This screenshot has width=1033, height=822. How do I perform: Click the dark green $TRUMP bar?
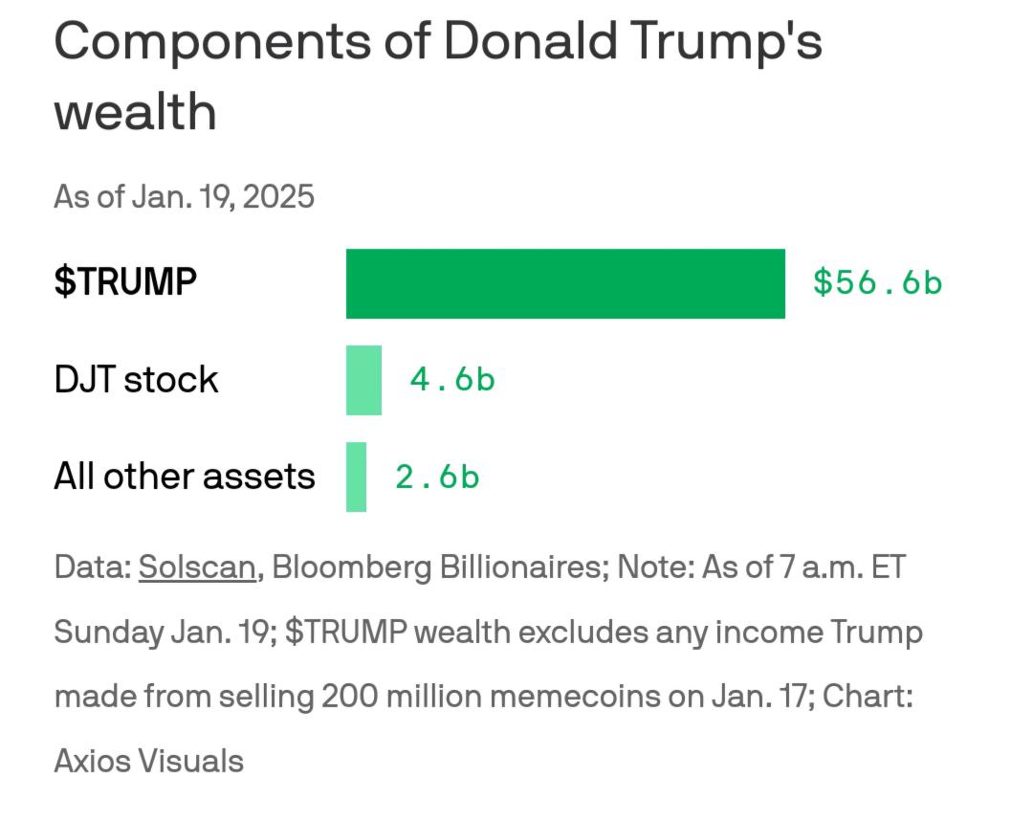click(565, 283)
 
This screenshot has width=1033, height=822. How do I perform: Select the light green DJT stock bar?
click(363, 380)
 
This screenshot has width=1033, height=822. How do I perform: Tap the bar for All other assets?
click(356, 477)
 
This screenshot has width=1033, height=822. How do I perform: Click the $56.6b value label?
click(877, 282)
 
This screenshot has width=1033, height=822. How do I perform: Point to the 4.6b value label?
click(452, 380)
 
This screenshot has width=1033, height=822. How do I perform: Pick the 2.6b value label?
click(437, 477)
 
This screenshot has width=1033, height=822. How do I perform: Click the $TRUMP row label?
click(125, 282)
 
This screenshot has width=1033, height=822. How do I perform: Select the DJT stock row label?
click(136, 380)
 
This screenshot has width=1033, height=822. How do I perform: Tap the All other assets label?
click(184, 477)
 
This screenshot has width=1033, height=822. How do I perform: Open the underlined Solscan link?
click(197, 567)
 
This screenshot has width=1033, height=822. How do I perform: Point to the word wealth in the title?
click(135, 112)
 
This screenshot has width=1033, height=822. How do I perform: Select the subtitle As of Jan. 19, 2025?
click(184, 196)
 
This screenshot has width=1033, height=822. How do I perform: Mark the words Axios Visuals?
click(148, 762)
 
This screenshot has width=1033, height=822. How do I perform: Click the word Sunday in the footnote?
click(108, 633)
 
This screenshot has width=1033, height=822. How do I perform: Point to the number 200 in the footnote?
click(350, 696)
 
